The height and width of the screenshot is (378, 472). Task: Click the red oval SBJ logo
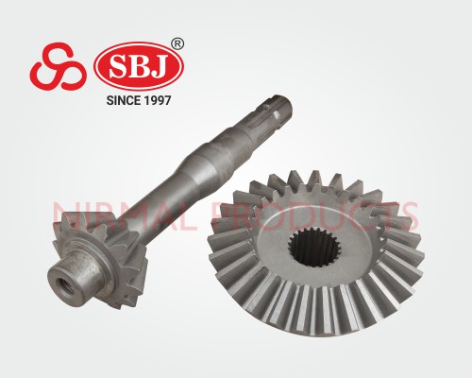tap(139, 66)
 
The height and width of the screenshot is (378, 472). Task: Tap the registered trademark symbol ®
tap(177, 44)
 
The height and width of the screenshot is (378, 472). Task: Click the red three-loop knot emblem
tap(59, 67)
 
